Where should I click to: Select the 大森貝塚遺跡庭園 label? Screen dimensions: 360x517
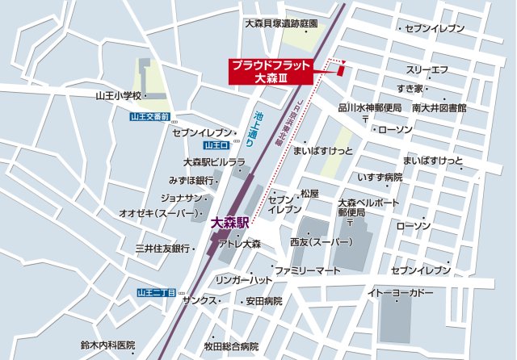pyautogui.click(x=280, y=24)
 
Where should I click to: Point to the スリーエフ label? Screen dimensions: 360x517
pyautogui.click(x=427, y=71)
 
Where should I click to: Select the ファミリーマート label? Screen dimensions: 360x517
pyautogui.click(x=307, y=270)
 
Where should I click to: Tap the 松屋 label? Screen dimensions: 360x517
pyautogui.click(x=309, y=194)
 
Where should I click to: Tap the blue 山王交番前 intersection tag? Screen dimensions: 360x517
pyautogui.click(x=149, y=117)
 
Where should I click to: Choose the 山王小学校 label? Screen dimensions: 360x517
pyautogui.click(x=118, y=96)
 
